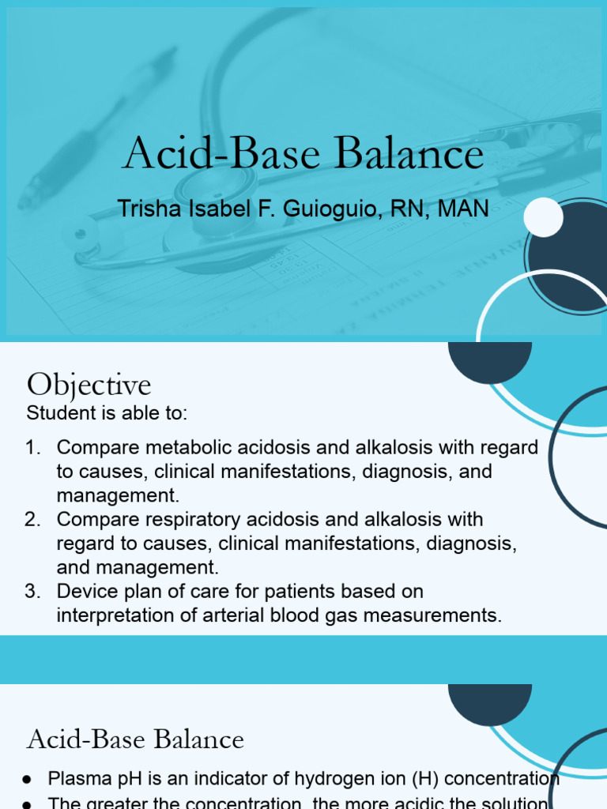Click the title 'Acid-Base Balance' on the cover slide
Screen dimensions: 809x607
pyautogui.click(x=303, y=154)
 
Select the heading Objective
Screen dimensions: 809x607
pyautogui.click(x=89, y=386)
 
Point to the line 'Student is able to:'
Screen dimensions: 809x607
pyautogui.click(x=107, y=413)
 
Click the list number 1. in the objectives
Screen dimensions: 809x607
pyautogui.click(x=32, y=448)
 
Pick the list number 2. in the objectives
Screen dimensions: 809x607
pyautogui.click(x=32, y=520)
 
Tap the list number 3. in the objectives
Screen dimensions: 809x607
pyautogui.click(x=32, y=592)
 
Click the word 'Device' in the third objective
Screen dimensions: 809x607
pyautogui.click(x=84, y=592)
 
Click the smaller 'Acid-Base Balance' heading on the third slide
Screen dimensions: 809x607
pyautogui.click(x=135, y=740)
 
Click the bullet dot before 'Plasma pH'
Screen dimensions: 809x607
pyautogui.click(x=26, y=780)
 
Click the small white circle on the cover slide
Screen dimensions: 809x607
pyautogui.click(x=543, y=216)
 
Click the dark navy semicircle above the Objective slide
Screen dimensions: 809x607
pyautogui.click(x=489, y=359)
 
